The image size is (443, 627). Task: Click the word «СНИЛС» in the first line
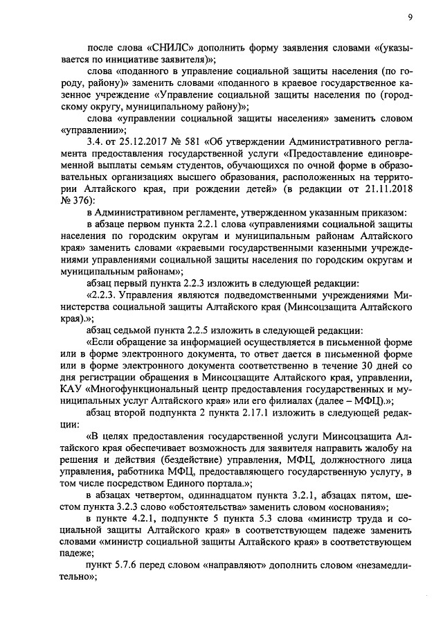point(168,48)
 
